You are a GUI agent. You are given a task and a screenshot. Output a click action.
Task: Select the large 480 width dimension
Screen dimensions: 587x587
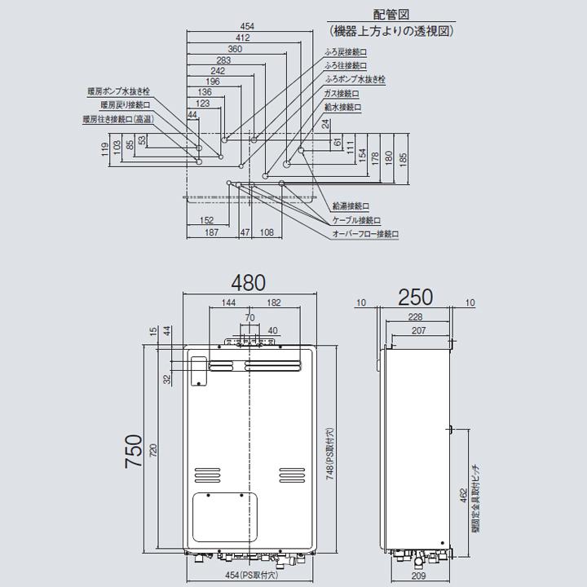248,283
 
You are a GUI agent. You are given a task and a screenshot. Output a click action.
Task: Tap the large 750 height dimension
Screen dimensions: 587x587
134,452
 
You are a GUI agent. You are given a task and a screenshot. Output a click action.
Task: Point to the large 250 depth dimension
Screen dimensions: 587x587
416,296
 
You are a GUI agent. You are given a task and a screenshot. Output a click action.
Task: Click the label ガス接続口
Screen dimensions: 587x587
342,94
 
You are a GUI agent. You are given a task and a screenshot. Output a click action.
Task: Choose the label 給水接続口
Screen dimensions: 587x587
342,107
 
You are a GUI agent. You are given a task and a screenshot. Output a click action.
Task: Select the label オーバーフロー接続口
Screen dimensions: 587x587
365,234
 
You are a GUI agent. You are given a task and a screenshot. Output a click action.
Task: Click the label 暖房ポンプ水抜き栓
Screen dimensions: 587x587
119,91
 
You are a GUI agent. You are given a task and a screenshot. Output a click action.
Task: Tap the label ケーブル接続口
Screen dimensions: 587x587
356,220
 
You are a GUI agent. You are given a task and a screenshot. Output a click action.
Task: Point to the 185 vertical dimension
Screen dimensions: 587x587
402,155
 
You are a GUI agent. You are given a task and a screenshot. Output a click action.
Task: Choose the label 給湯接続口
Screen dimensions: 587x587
351,207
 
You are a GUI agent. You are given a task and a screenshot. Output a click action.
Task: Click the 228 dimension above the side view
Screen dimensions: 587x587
416,317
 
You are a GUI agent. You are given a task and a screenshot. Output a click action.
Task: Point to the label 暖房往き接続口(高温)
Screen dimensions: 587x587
117,118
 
